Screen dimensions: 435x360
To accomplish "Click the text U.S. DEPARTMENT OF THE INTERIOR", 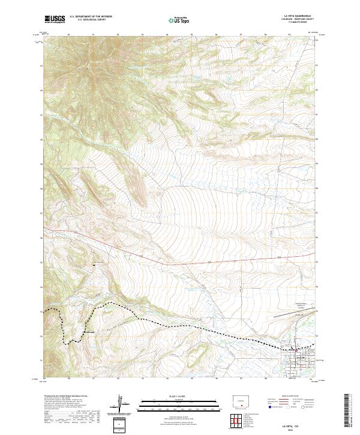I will [x=91, y=17].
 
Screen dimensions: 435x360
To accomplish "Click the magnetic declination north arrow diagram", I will [x=121, y=403].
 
